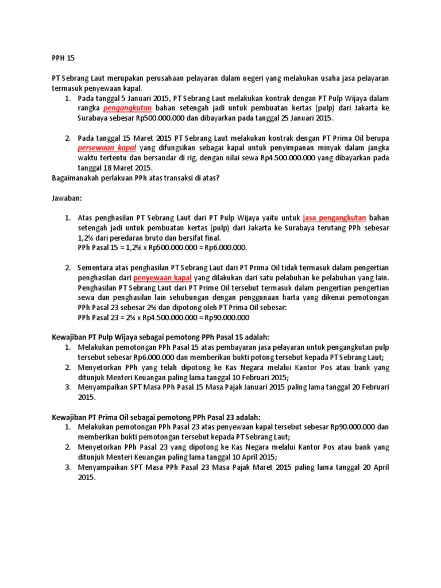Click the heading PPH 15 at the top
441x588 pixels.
click(x=63, y=58)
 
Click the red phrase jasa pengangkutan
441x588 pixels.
click(x=334, y=218)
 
